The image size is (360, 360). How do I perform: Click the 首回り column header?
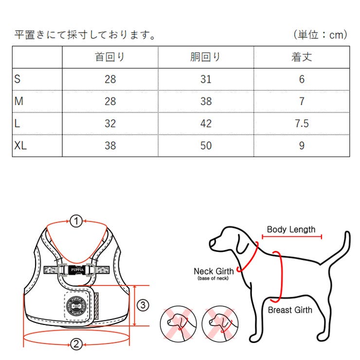(110, 57)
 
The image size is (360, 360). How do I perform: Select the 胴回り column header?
(205, 57)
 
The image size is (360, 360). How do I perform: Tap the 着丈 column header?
(301, 57)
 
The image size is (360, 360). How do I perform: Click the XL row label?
(20, 145)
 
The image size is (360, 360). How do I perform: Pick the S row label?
(18, 79)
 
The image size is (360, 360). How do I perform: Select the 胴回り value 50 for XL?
(206, 145)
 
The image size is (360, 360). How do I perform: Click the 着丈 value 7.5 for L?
(302, 123)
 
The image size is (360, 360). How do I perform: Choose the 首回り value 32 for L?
(110, 123)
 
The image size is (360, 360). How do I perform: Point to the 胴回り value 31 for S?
(206, 79)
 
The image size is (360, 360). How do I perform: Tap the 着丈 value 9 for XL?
(302, 145)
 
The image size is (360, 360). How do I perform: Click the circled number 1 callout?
(76, 221)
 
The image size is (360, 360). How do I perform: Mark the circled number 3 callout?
(142, 305)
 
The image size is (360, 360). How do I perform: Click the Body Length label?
(291, 229)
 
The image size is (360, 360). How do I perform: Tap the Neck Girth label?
(214, 271)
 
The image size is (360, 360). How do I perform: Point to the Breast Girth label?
(290, 309)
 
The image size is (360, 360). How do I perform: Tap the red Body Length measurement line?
(292, 237)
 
